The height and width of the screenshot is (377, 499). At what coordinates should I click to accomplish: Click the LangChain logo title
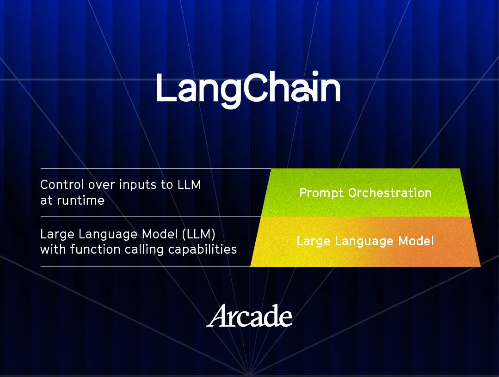click(x=248, y=89)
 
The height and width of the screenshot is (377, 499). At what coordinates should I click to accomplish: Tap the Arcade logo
click(x=249, y=316)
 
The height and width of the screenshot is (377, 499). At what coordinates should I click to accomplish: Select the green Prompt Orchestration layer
click(x=365, y=193)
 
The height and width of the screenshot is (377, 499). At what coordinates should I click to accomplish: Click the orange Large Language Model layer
click(x=365, y=242)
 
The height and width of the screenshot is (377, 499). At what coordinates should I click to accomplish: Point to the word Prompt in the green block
click(x=321, y=193)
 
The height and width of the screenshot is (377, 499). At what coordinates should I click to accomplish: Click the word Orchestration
click(x=390, y=193)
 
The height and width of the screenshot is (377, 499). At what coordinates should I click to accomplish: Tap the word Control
click(x=62, y=185)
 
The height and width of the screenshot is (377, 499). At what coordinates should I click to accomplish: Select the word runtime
click(x=81, y=201)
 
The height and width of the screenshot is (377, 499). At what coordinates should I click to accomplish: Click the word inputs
click(x=138, y=185)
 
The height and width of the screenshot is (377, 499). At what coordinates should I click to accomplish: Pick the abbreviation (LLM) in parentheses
click(x=199, y=234)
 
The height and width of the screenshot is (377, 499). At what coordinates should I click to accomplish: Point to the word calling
click(x=144, y=250)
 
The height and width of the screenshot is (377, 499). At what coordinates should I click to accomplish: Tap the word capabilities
click(x=203, y=250)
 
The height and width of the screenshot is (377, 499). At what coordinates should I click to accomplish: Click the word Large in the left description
click(x=58, y=235)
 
